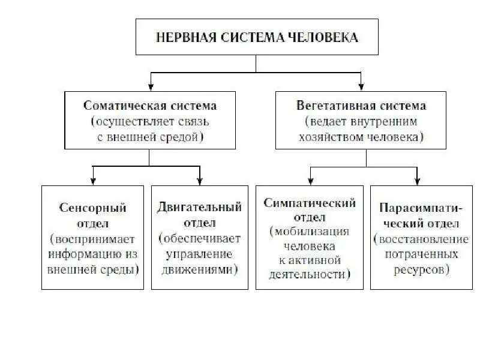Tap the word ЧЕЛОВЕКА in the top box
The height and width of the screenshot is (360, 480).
coord(325,38)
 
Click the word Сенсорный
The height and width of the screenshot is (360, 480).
coord(92,208)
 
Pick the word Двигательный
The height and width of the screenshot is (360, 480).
coord(200,208)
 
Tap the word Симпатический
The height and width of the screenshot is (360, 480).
coord(310,203)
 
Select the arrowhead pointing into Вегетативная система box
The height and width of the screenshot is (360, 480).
coord(361,86)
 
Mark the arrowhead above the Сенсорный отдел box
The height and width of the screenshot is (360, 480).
coord(93,181)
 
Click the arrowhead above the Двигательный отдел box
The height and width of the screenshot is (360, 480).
coord(200,181)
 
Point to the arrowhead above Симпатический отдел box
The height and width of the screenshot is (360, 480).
coord(310,181)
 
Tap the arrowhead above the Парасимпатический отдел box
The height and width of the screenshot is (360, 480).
coord(418,181)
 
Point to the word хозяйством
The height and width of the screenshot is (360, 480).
coord(324,137)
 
